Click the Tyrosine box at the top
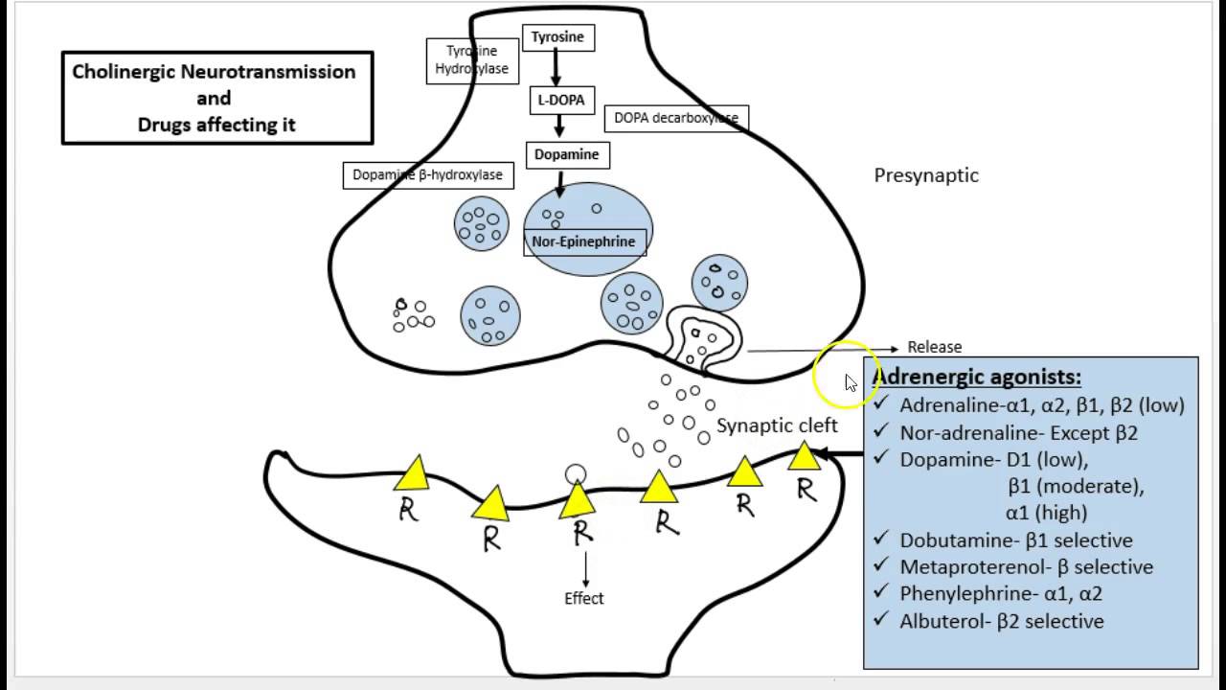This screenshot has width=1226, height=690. (557, 37)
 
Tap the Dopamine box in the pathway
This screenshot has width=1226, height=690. (565, 154)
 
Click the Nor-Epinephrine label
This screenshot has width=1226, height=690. (583, 241)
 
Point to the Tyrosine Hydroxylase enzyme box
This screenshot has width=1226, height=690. (471, 60)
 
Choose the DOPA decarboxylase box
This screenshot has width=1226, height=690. (676, 118)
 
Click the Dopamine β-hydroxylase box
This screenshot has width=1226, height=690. (427, 175)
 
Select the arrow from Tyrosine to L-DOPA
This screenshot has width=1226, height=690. (556, 68)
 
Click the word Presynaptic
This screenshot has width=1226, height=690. (926, 175)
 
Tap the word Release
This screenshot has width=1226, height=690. (935, 347)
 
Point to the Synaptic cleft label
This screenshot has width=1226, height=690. (777, 425)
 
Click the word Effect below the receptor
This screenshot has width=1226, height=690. (584, 598)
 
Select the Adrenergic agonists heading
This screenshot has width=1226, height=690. (976, 377)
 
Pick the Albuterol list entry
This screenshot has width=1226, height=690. (1001, 621)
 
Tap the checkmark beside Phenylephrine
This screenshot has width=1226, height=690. (881, 592)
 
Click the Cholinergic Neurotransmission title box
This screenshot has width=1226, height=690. (217, 98)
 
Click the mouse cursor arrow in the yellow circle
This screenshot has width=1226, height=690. (851, 383)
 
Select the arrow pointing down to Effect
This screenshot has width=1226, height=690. (584, 566)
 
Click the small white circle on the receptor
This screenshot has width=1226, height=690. (575, 473)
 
